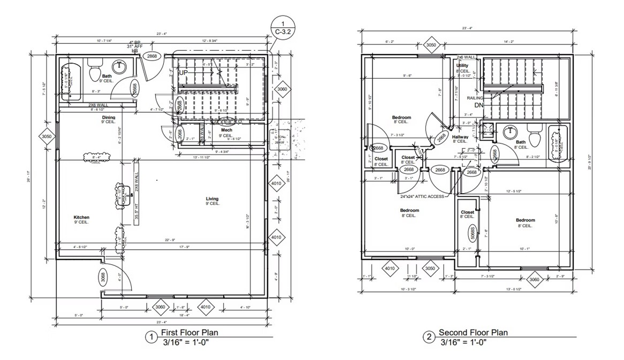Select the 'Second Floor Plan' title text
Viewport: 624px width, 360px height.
473,333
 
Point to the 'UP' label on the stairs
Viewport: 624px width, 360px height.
184,72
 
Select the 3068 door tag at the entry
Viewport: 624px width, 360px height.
103,278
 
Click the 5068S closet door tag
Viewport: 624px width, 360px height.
473,231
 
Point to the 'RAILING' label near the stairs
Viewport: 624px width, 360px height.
474,98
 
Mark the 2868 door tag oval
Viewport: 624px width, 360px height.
153,56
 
